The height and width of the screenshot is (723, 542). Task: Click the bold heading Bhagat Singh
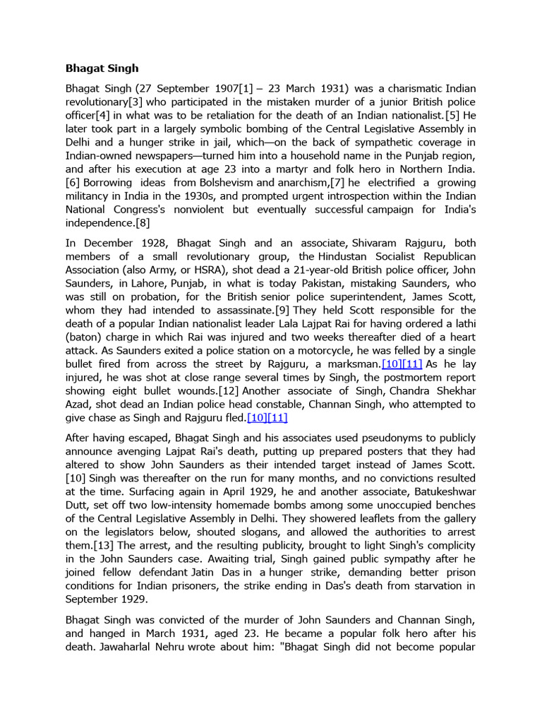pyautogui.click(x=102, y=68)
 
